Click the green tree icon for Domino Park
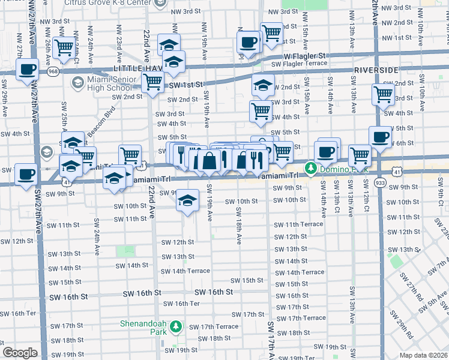point(311,167)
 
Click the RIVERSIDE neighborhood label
point(376,70)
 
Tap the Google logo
point(20,353)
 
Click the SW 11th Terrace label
point(298,224)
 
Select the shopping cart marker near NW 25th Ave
point(63,47)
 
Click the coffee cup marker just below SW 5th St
point(379,137)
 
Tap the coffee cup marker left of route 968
point(27,69)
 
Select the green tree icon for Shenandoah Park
point(176,327)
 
